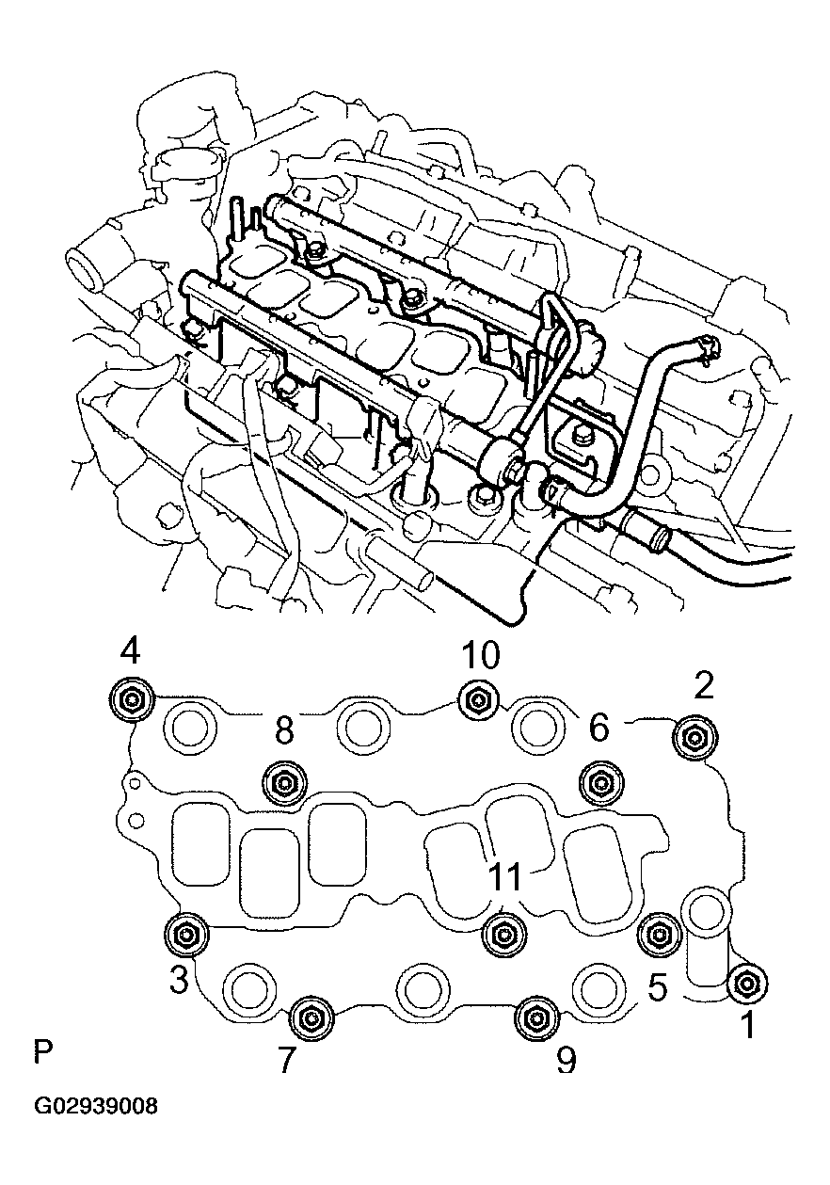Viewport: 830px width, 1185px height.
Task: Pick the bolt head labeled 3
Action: [184, 933]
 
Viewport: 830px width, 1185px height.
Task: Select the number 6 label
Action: [599, 727]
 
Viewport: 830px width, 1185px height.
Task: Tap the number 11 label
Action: [505, 875]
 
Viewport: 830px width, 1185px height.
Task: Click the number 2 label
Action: [703, 687]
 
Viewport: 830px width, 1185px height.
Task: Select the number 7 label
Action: [287, 1061]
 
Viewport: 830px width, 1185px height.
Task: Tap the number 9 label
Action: [565, 1061]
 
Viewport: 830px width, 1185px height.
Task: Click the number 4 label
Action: [131, 650]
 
